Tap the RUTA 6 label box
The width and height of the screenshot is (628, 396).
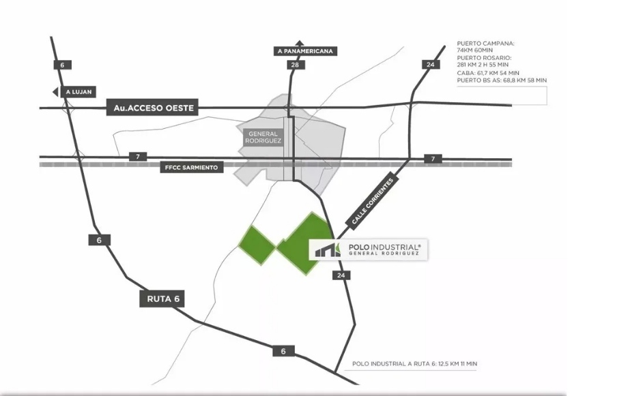[162, 299]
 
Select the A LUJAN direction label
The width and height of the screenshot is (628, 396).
[78, 92]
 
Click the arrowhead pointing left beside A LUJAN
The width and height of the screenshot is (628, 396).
[55, 92]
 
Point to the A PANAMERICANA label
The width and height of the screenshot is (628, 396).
[305, 51]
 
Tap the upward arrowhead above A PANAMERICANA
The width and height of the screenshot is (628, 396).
[300, 43]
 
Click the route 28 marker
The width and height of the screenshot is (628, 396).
[295, 65]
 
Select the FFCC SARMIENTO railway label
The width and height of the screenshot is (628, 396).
[191, 168]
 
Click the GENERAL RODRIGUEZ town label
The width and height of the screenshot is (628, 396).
[263, 137]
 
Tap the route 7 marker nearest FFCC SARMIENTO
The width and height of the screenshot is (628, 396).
[138, 157]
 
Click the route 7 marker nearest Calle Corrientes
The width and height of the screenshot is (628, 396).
[433, 159]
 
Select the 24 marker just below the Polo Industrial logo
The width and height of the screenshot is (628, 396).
[341, 275]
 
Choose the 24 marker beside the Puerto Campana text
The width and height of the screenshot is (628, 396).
[431, 64]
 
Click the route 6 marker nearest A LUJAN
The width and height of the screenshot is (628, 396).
[62, 65]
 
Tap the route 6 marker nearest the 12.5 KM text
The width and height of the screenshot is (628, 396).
[283, 351]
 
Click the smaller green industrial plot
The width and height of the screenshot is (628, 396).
[257, 245]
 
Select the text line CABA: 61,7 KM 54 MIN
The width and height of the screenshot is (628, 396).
[488, 73]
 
